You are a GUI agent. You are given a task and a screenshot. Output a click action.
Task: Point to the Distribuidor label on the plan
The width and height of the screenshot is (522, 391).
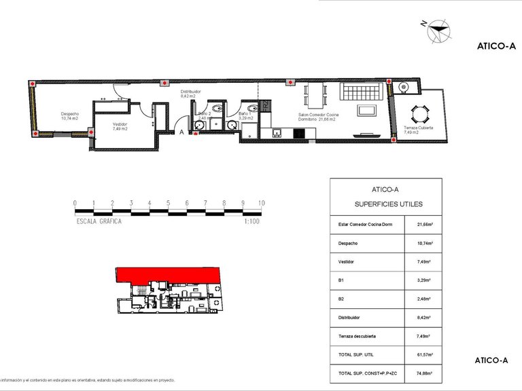[188, 94]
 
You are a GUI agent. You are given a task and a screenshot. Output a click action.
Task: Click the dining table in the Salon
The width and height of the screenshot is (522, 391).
[313, 95]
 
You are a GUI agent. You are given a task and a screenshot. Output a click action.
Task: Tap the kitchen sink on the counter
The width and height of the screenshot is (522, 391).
[276, 132]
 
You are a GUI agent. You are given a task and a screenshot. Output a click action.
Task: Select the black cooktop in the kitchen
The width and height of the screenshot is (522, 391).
[298, 132]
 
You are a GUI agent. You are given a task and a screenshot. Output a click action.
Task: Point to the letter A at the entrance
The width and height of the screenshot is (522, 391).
[182, 133]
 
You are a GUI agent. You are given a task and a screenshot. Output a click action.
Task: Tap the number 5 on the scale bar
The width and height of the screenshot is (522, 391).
[168, 203]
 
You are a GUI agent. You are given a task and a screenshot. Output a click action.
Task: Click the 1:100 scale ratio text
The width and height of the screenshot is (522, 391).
[253, 221]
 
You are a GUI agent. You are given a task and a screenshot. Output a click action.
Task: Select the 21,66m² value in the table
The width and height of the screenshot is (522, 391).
[425, 225]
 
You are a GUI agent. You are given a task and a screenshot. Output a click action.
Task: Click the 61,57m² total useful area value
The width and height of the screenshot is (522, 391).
[425, 355]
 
